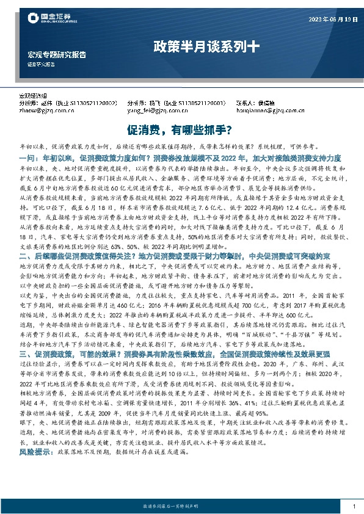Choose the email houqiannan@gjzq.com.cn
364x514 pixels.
click(x=269, y=111)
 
